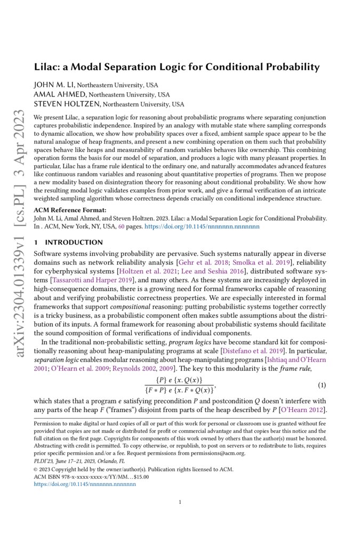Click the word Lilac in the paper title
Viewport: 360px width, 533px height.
pyautogui.click(x=47, y=67)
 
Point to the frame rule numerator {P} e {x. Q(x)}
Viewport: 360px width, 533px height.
pyautogui.click(x=178, y=380)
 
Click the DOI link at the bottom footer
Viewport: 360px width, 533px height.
pyautogui.click(x=85, y=484)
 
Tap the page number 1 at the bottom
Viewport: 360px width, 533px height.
pyautogui.click(x=180, y=502)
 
